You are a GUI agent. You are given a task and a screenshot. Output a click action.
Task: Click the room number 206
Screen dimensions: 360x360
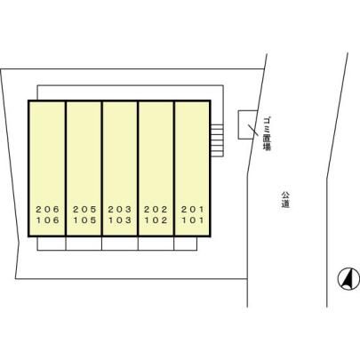click(x=48, y=210)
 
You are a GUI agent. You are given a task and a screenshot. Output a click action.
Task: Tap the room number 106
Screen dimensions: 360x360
click(x=48, y=220)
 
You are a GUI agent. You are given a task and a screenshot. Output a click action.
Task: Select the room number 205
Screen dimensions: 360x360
click(x=84, y=210)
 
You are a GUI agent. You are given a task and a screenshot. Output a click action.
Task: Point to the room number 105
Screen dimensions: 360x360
click(x=84, y=220)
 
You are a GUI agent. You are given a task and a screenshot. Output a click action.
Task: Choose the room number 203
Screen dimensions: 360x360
click(x=120, y=210)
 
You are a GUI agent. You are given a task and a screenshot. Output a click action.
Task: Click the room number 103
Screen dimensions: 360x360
click(x=120, y=220)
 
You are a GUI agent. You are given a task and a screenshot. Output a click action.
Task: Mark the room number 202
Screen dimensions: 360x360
click(x=156, y=210)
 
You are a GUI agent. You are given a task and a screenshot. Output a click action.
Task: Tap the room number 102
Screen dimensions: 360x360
click(x=156, y=220)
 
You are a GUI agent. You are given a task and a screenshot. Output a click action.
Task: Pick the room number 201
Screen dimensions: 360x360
click(x=193, y=210)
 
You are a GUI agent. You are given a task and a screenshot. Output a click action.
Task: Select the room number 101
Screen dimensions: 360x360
click(x=193, y=220)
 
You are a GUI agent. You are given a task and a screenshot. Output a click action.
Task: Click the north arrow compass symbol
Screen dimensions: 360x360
click(x=348, y=279)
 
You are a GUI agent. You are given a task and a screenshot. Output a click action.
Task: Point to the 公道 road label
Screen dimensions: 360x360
click(x=285, y=200)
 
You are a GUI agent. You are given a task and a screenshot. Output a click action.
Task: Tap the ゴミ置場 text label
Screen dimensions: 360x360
click(x=267, y=134)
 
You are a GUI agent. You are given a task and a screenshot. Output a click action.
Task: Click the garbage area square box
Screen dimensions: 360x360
click(x=248, y=124)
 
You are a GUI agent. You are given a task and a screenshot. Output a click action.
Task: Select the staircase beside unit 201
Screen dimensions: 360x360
click(x=217, y=140)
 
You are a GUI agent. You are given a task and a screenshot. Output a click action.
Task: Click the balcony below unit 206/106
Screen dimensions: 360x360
click(x=52, y=244)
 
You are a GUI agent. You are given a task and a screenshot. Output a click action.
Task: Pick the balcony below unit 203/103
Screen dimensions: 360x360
click(x=120, y=244)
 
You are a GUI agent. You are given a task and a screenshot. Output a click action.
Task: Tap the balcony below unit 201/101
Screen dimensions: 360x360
click(x=186, y=244)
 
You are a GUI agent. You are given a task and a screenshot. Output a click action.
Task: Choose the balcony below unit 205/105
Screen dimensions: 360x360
click(x=84, y=244)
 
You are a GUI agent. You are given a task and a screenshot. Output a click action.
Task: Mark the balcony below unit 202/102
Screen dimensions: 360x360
click(x=156, y=244)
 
